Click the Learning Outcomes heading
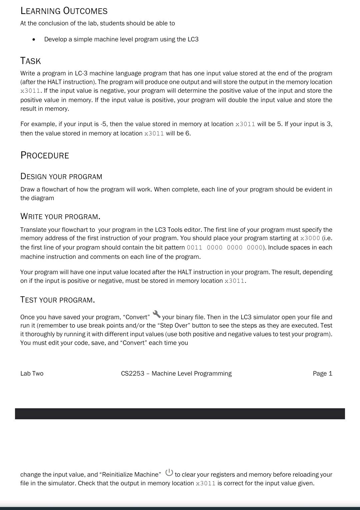(x=64, y=11)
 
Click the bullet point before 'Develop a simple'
(x=34, y=39)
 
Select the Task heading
(x=31, y=61)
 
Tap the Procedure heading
(x=45, y=155)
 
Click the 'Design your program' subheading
(x=61, y=176)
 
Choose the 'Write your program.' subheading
(x=60, y=216)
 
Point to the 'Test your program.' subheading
(x=58, y=300)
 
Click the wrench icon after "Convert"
(x=156, y=314)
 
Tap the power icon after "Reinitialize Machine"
(x=169, y=472)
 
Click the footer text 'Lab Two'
(x=32, y=374)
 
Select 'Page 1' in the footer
(x=322, y=374)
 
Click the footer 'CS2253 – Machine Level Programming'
(x=176, y=374)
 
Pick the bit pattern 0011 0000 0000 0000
(x=225, y=247)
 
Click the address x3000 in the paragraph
(x=310, y=238)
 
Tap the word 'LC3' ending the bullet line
(x=193, y=39)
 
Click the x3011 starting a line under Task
(x=30, y=91)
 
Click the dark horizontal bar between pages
(x=180, y=414)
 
